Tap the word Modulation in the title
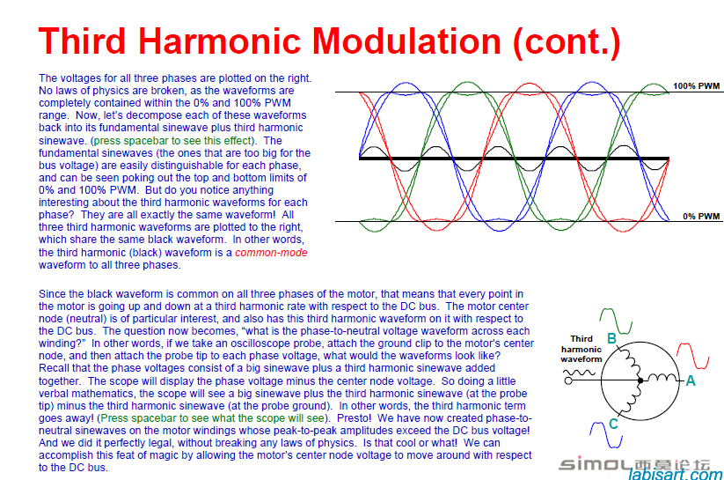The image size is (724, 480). [x=406, y=41]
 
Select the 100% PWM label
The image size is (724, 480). [x=696, y=86]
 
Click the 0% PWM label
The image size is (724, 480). [x=701, y=216]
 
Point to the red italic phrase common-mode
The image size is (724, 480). [x=271, y=253]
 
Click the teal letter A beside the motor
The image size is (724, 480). [x=691, y=380]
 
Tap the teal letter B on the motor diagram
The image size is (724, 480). [x=611, y=338]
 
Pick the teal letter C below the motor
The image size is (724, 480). [x=613, y=424]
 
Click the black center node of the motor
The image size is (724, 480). [x=640, y=380]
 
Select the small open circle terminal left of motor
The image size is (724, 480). [x=568, y=380]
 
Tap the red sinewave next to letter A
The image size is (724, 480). [x=692, y=356]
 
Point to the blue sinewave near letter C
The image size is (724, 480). [x=606, y=435]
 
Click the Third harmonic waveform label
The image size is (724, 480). [x=581, y=349]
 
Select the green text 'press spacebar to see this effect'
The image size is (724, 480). [x=173, y=141]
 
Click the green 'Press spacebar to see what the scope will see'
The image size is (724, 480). [x=213, y=418]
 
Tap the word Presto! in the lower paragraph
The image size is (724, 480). [x=355, y=418]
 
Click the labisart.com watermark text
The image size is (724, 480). [x=676, y=475]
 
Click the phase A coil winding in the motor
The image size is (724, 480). [x=661, y=378]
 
